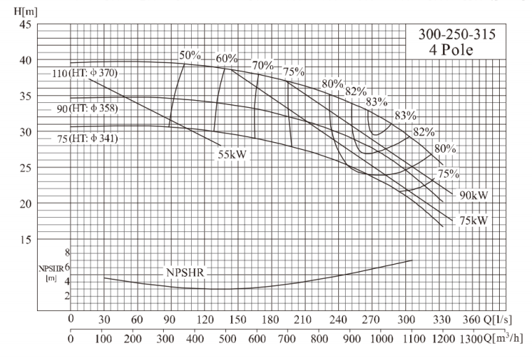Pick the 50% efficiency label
point(190,55)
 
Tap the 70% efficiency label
point(263,65)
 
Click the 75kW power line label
point(473,221)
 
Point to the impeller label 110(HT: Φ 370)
point(84,74)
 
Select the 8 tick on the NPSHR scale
point(67,252)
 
